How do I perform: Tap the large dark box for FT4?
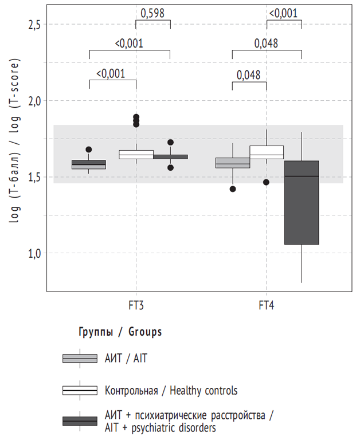(302, 203)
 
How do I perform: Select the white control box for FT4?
(267, 152)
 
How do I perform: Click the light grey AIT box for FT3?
(89, 164)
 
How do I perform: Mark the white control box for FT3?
(136, 154)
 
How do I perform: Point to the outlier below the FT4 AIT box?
(233, 188)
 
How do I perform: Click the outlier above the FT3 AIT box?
(89, 150)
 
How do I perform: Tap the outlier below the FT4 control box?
(267, 182)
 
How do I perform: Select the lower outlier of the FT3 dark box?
(170, 168)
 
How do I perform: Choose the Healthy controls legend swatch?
(80, 390)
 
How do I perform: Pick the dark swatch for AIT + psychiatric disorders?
(80, 421)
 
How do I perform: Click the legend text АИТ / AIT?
(127, 359)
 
